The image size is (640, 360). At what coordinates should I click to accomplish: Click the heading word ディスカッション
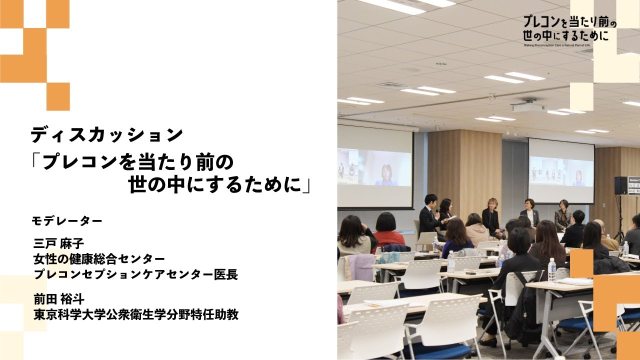(x=106, y=135)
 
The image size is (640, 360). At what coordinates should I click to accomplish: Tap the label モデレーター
(x=67, y=220)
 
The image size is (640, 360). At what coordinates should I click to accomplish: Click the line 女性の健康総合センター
(x=99, y=259)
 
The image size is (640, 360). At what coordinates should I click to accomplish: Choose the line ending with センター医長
(x=135, y=274)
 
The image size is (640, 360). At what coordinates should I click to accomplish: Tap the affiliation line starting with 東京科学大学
(x=135, y=314)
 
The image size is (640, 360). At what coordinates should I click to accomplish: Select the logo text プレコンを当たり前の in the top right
(x=569, y=22)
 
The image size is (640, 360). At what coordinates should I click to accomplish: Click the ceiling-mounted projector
(x=528, y=106)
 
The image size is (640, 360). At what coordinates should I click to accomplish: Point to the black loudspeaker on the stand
(x=620, y=185)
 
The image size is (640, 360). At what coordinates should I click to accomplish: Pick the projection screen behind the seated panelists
(x=561, y=171)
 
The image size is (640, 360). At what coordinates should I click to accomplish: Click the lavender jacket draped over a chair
(x=360, y=267)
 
